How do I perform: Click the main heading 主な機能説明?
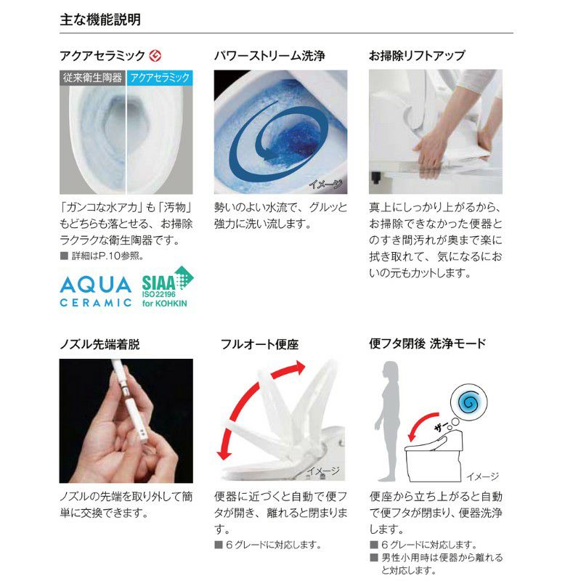100,20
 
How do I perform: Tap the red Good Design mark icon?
155,56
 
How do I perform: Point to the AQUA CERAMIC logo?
95,290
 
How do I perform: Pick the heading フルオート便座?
259,345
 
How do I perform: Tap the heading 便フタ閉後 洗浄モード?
427,344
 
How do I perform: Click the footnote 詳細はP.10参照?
105,256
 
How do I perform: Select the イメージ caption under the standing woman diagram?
482,476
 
